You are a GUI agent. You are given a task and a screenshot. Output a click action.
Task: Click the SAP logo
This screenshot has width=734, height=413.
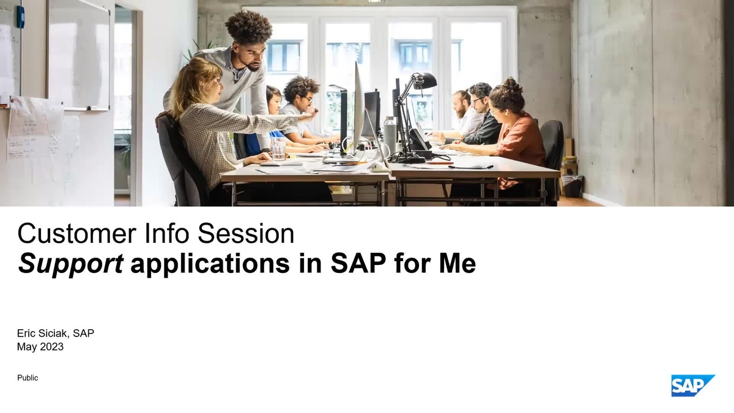[692, 385]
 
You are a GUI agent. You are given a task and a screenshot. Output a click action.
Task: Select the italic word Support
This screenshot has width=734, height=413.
[71, 264]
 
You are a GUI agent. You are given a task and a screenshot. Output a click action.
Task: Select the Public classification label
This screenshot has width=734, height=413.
[28, 378]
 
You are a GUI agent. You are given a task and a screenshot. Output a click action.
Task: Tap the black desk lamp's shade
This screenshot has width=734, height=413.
[426, 80]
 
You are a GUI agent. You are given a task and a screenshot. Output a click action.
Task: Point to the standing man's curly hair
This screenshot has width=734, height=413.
[248, 27]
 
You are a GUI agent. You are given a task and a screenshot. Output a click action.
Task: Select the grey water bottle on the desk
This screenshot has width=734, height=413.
[390, 135]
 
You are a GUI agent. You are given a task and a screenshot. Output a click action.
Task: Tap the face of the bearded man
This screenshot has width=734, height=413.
[460, 105]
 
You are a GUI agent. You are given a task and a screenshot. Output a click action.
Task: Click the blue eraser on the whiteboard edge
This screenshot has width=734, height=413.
[20, 17]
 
